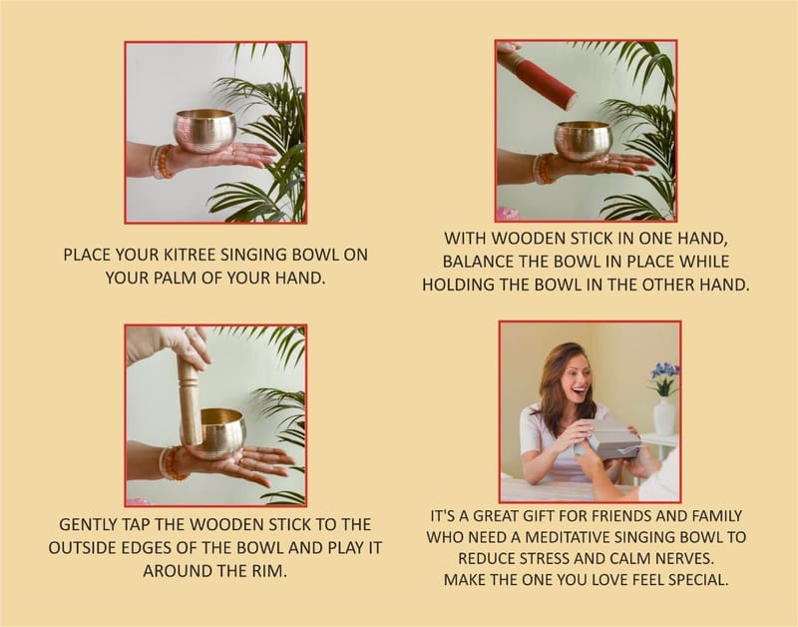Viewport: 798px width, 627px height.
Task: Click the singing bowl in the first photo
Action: pyautogui.click(x=205, y=131)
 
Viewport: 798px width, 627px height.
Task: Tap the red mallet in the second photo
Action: pyautogui.click(x=537, y=77)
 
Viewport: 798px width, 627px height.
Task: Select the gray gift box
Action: pyautogui.click(x=616, y=438)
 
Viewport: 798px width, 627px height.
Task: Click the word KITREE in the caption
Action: pyautogui.click(x=190, y=255)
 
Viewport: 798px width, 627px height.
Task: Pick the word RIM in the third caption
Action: pyautogui.click(x=269, y=571)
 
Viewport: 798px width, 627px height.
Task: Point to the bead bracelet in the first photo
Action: pyautogui.click(x=162, y=162)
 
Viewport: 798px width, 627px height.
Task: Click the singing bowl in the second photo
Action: pyautogui.click(x=584, y=141)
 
